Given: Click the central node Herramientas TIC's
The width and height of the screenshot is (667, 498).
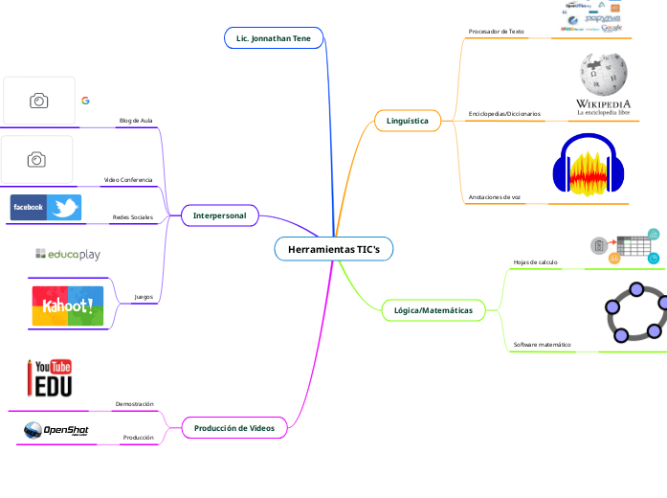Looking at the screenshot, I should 333,249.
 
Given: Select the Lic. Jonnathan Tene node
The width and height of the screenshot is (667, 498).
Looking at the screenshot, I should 274,38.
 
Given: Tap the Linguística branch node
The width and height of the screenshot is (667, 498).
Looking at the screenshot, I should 408,121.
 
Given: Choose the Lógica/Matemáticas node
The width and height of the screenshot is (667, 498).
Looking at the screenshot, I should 433,310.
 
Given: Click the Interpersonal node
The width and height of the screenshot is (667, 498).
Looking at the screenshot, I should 219,215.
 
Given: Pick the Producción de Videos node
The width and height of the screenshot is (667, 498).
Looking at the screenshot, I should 233,428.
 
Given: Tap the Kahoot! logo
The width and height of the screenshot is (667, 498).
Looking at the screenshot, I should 68,306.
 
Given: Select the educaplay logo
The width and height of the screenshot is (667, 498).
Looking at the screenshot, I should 68,255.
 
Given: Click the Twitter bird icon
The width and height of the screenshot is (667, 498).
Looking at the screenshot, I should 64,208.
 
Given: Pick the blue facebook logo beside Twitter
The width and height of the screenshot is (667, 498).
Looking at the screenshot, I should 28,208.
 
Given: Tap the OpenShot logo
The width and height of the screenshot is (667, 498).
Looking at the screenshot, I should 56,433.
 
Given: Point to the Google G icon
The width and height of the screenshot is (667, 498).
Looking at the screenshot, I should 85,101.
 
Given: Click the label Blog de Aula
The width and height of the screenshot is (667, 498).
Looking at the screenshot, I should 135,121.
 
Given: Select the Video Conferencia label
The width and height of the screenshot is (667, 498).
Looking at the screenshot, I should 128,180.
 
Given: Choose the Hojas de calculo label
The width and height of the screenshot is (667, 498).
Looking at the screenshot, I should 535,261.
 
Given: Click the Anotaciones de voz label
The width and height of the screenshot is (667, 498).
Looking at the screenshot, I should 494,196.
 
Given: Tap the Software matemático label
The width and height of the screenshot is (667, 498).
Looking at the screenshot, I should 542,344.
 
